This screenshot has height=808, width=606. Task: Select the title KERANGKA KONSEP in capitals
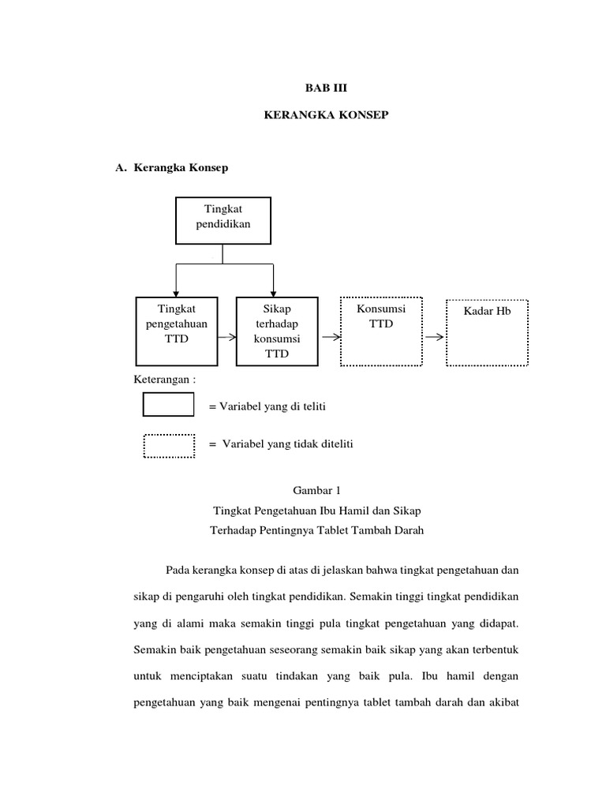tap(326, 116)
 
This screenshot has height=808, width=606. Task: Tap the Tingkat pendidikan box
tap(223, 220)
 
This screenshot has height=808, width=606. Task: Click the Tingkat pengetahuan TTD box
tap(176, 331)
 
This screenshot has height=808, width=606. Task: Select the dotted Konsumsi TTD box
tap(381, 331)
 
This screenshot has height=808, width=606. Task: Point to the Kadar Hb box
tap(487, 331)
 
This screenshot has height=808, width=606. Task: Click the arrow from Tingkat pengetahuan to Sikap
tap(226, 337)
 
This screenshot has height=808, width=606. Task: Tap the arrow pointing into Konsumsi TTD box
tap(331, 337)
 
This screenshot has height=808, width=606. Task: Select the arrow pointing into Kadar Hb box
tap(434, 337)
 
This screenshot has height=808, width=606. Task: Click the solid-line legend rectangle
tap(168, 404)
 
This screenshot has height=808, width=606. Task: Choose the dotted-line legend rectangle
tap(168, 446)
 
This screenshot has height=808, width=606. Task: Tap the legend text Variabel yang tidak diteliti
tap(287, 444)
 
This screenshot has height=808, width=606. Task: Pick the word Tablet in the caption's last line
tap(330, 530)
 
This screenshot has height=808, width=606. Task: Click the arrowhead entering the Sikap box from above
tap(273, 293)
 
